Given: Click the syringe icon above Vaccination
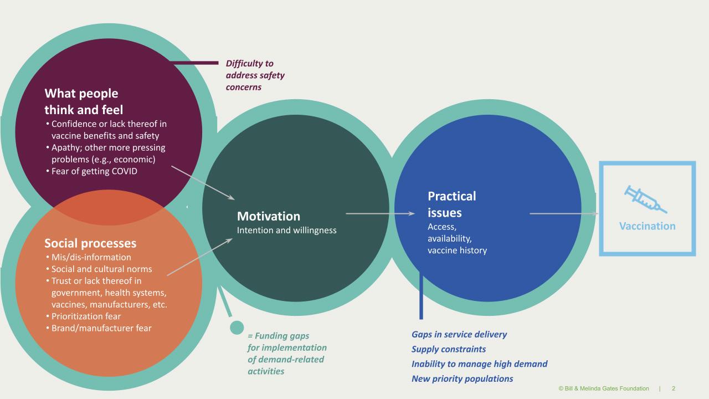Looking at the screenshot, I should [x=645, y=199].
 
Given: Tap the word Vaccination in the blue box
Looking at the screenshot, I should [x=647, y=226].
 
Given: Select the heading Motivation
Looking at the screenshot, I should [x=269, y=216].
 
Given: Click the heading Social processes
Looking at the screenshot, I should [x=90, y=244].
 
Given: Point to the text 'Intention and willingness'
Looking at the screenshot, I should [x=287, y=230].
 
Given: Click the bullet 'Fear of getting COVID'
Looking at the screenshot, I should [x=94, y=171].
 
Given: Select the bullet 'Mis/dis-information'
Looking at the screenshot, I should [x=91, y=257].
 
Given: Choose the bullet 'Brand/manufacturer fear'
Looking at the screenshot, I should [x=101, y=328].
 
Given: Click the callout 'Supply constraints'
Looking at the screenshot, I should [x=449, y=349].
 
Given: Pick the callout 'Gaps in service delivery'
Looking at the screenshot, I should [x=459, y=334].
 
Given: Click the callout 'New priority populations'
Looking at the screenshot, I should [x=462, y=378].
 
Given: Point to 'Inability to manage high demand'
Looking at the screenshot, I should [x=479, y=364].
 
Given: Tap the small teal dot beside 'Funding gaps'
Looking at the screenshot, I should [x=237, y=328].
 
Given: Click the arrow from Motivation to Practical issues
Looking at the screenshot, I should [x=380, y=213].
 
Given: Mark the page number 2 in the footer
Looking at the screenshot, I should [x=674, y=388].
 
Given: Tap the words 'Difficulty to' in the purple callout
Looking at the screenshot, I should [x=250, y=64].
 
